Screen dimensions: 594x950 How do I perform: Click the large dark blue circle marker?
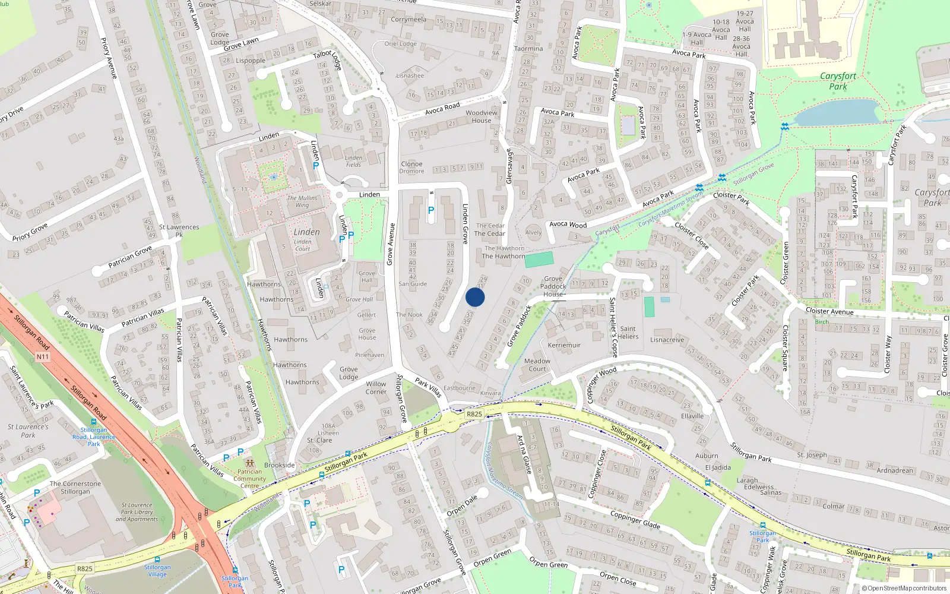475,298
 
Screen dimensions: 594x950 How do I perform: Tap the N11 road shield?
42,357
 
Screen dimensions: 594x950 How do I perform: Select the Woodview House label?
482,116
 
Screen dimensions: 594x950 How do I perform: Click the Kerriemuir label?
564,345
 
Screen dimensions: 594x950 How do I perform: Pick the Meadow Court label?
537,365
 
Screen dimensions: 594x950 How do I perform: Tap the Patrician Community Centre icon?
249,463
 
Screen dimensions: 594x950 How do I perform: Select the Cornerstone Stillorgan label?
75,488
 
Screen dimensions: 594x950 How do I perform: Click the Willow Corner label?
376,388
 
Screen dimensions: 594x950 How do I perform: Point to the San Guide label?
413,284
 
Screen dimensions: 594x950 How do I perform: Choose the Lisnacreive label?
667,340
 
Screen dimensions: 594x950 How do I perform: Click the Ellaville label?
692,416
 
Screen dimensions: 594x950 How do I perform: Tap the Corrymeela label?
408,20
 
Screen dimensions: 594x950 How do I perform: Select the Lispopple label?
251,61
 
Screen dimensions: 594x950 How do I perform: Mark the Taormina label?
528,49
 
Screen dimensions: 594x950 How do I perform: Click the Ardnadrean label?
895,470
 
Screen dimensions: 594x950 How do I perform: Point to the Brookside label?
279,465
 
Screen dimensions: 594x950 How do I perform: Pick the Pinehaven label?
369,355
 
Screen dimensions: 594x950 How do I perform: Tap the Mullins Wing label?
302,201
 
